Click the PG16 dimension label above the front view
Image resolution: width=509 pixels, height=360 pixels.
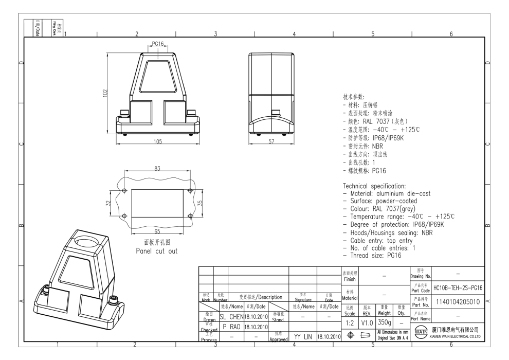(x=157, y=44)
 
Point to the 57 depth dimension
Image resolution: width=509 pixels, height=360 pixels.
(x=271, y=141)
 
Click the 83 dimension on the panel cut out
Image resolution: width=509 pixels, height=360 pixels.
(x=157, y=169)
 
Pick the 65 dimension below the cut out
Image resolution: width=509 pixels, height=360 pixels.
(x=157, y=231)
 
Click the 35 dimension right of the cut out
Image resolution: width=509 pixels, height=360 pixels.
(x=199, y=203)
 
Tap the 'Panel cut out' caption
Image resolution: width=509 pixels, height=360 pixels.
(x=157, y=251)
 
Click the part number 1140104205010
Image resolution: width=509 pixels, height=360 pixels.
(x=458, y=301)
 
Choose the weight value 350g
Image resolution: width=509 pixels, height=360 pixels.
(x=385, y=321)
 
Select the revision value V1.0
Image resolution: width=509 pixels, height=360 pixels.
(x=367, y=321)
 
